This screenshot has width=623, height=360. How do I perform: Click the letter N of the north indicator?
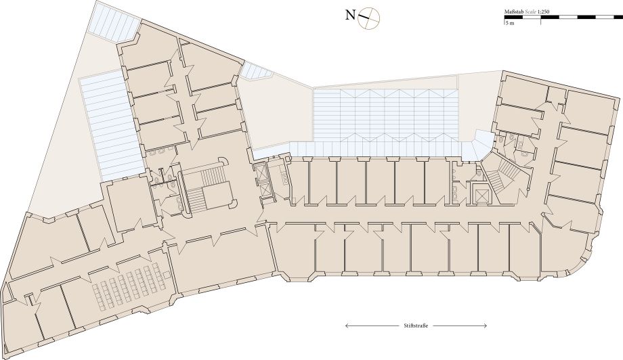pyautogui.click(x=350, y=16)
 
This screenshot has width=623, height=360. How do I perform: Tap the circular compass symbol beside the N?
pyautogui.click(x=369, y=18)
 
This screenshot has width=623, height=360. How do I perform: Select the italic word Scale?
pyautogui.click(x=530, y=12)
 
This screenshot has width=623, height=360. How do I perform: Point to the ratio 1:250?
pyautogui.click(x=543, y=12)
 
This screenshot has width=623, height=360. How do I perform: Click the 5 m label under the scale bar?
pyautogui.click(x=510, y=23)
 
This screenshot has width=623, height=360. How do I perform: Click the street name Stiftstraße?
pyautogui.click(x=416, y=326)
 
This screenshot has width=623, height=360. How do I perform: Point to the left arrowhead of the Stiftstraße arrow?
pyautogui.click(x=347, y=326)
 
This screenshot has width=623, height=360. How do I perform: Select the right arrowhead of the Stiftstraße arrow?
pyautogui.click(x=485, y=326)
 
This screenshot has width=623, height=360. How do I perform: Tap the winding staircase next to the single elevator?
pyautogui.click(x=501, y=175)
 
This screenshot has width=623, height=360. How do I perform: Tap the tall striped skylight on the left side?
pyautogui.click(x=111, y=125)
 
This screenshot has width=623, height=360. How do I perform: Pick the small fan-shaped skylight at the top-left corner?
pyautogui.click(x=113, y=21)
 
